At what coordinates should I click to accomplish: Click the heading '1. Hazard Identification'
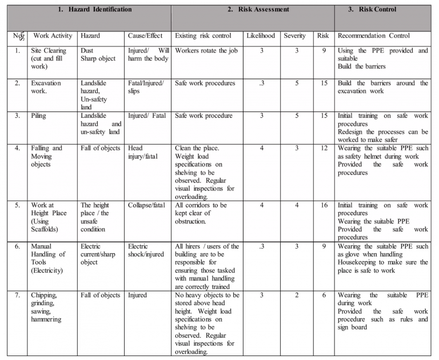tap(95, 10)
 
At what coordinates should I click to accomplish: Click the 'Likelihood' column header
tap(262, 36)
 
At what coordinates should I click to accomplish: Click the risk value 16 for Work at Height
tap(324, 205)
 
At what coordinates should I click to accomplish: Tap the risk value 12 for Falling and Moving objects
tap(324, 148)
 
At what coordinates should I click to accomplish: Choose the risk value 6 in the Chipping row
tap(324, 295)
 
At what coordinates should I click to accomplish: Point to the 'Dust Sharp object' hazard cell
tap(94, 54)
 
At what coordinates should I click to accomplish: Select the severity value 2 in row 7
tap(296, 295)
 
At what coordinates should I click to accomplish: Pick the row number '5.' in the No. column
tap(18, 205)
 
